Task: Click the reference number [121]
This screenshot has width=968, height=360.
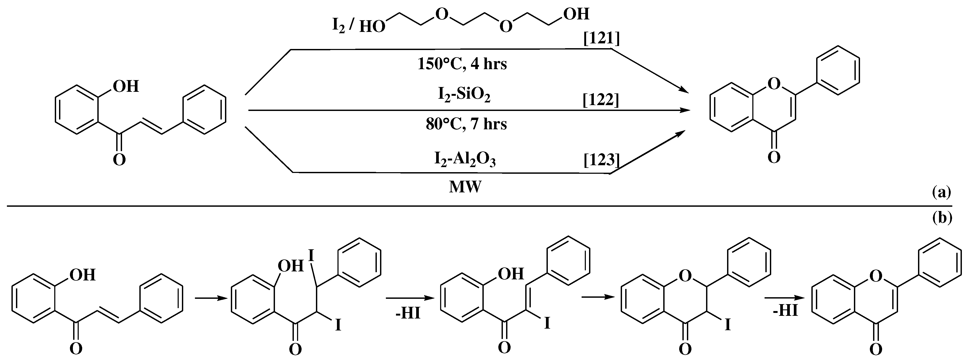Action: tap(601, 39)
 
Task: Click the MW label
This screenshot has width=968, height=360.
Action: tap(465, 187)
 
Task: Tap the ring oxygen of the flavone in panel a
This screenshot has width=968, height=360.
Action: tap(774, 84)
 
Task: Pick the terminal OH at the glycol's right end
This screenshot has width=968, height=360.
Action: tap(576, 14)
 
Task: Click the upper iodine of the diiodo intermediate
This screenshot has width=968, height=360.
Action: tap(311, 256)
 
